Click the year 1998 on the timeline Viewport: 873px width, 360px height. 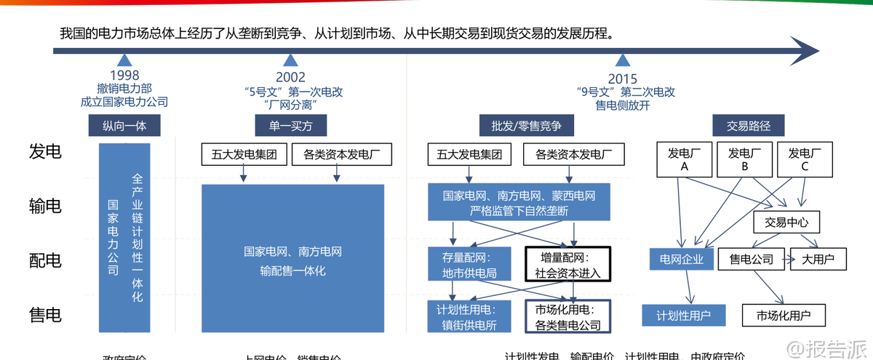[x=124, y=76]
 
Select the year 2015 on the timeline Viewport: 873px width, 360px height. [x=622, y=79]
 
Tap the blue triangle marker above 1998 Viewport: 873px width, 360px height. [x=124, y=60]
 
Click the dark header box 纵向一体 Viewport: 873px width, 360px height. [x=124, y=126]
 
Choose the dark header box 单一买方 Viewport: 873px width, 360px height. [x=290, y=126]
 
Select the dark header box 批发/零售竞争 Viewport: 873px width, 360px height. [x=521, y=126]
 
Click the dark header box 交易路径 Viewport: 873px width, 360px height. [x=749, y=126]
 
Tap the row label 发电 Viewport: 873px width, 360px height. [x=45, y=151]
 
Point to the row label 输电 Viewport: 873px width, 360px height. [x=45, y=206]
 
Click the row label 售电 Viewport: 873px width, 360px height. [x=45, y=315]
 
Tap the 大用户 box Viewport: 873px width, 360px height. [x=818, y=258]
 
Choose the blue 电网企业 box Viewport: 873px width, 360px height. [x=682, y=259]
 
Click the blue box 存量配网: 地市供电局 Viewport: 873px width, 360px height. [x=469, y=265]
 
